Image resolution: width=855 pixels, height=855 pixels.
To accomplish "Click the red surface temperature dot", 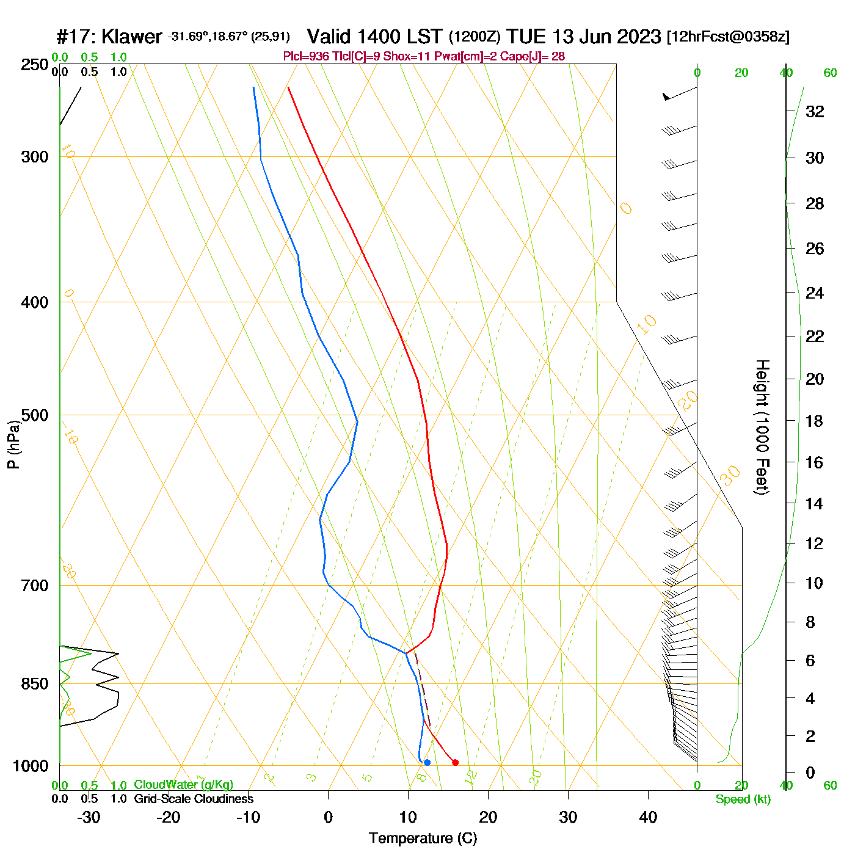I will point(455,762).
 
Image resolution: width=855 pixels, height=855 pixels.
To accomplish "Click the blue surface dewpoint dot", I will point(427,762).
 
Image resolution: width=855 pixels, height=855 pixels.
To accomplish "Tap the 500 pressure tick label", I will point(35,415).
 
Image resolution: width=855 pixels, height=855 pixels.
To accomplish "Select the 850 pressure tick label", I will point(35,684).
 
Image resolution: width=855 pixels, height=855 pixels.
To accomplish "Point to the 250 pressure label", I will point(35,65).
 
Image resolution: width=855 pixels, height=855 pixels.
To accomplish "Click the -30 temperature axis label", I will point(89,817).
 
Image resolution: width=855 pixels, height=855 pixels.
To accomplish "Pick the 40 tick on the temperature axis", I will point(648,817).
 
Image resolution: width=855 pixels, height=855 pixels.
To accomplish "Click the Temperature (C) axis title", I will point(423,839).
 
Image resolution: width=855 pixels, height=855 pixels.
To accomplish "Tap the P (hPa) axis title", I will point(13,444).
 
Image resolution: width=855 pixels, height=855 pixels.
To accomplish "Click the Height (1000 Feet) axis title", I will point(762,427).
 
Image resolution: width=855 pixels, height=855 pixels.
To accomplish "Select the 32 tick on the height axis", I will point(815,111).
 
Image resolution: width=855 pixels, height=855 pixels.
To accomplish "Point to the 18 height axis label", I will point(815,421).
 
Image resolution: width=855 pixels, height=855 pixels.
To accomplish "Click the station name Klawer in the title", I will point(131,37).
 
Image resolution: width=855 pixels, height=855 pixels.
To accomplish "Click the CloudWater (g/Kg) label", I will point(183,785).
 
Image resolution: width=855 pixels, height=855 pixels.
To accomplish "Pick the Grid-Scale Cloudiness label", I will point(194,799).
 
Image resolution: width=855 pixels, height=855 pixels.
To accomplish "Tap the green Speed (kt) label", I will point(743,799).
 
